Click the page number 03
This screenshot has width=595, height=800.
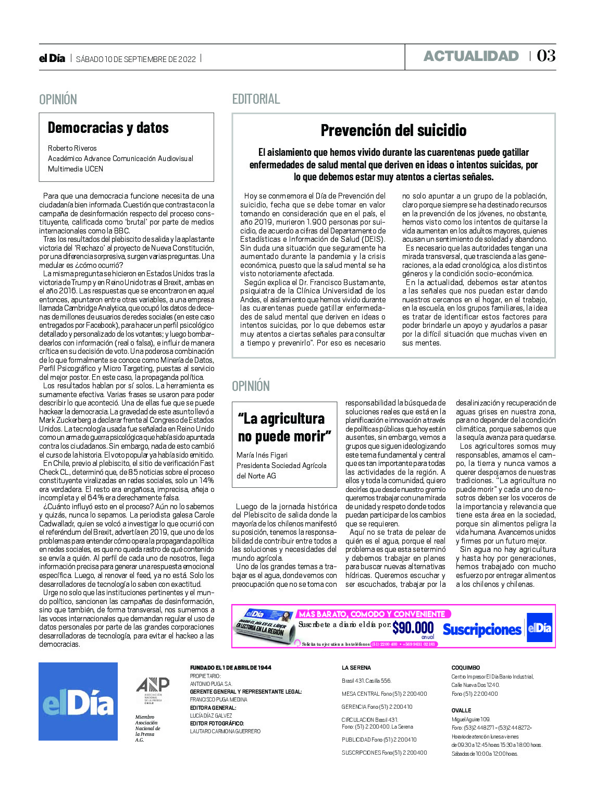[546, 56]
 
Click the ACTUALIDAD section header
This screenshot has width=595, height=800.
[471, 56]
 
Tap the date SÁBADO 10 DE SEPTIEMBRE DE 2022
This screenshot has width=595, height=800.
[136, 59]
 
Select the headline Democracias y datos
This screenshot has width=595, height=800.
[108, 128]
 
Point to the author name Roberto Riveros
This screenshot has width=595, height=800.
[72, 148]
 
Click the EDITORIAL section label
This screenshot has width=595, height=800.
[256, 99]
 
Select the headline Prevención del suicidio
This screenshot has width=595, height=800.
[393, 130]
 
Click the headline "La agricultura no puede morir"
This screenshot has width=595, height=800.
[284, 427]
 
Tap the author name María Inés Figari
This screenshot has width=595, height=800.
[262, 455]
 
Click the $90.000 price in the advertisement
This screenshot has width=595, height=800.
[413, 627]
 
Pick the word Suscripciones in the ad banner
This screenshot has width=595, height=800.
[482, 630]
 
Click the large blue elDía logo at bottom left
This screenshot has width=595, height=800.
[78, 701]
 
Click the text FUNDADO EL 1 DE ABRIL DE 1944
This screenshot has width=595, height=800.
[230, 668]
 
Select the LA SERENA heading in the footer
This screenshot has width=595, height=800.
[356, 668]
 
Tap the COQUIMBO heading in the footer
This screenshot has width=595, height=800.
[465, 668]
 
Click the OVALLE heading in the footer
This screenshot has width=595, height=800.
[461, 710]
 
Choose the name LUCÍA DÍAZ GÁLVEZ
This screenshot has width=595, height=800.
[210, 716]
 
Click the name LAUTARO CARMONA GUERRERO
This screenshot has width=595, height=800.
[225, 731]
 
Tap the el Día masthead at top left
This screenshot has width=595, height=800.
[52, 58]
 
